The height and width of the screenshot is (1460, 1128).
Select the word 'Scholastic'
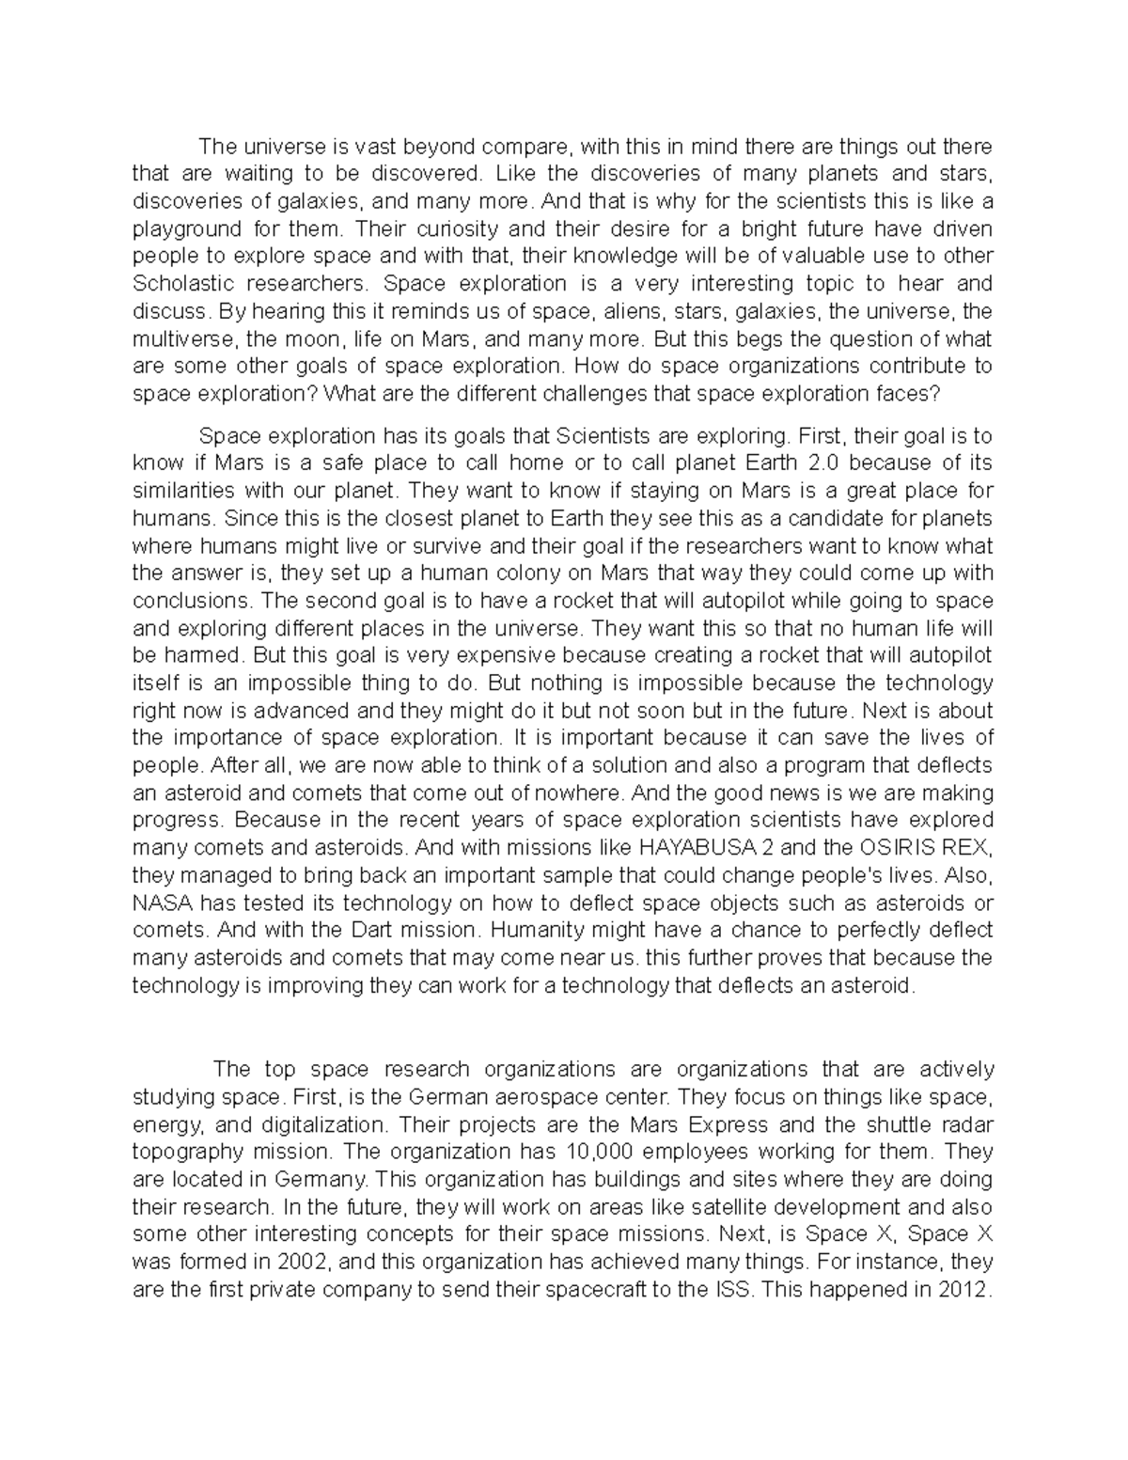click(180, 284)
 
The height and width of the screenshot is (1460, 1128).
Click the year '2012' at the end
click(962, 1289)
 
